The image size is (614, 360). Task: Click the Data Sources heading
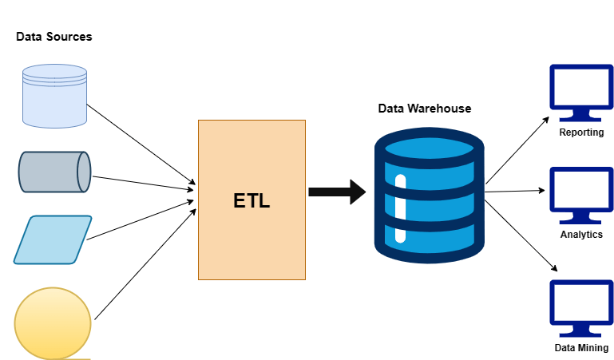coord(53,37)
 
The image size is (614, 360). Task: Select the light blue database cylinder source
coord(54,96)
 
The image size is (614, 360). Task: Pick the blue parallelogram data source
coord(53,239)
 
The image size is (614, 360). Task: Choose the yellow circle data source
coord(53,322)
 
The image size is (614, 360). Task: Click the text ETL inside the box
coord(252,200)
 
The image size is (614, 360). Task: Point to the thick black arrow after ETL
coord(336,192)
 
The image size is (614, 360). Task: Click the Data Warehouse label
coord(424,108)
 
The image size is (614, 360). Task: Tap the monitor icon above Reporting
coord(581,91)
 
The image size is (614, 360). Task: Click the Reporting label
coord(581,133)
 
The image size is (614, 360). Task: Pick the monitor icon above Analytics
coord(581,194)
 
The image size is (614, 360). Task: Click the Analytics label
coord(581,235)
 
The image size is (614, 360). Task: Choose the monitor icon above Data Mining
coord(581,307)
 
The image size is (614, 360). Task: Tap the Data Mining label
coord(581,348)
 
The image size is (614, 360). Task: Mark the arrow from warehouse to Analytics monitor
coord(515,192)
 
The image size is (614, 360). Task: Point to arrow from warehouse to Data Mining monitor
coord(520,235)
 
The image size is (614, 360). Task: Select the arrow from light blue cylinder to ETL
coord(140,143)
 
